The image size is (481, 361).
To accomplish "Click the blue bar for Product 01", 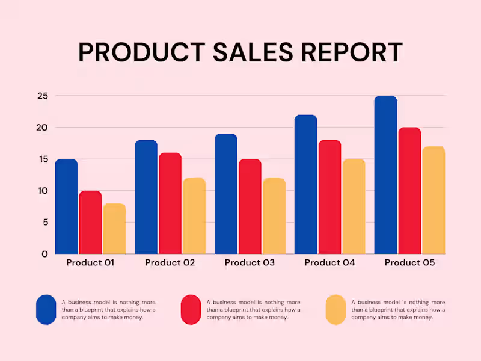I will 66,206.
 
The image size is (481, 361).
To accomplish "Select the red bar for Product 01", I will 90,222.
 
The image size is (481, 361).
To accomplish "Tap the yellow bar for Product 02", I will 194,215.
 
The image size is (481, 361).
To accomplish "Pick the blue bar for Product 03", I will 225,194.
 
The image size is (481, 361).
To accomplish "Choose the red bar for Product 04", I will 329,197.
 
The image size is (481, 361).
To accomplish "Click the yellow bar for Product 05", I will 433,200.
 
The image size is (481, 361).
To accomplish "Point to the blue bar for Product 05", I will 385,174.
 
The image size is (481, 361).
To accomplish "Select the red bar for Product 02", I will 170,203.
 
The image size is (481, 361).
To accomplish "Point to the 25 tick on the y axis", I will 42,96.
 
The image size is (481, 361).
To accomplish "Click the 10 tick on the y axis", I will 42,191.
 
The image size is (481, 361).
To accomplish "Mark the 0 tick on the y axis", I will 44,254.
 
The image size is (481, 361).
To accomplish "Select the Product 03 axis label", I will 250,263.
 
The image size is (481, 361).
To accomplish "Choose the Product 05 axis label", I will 409,263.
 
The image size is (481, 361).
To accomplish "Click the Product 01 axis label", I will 90,263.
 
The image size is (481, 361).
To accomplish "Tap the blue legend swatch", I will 46,310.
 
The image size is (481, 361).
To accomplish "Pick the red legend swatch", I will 191,310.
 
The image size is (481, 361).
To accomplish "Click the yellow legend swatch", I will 335,310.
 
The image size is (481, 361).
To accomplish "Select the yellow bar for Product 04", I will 354,206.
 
